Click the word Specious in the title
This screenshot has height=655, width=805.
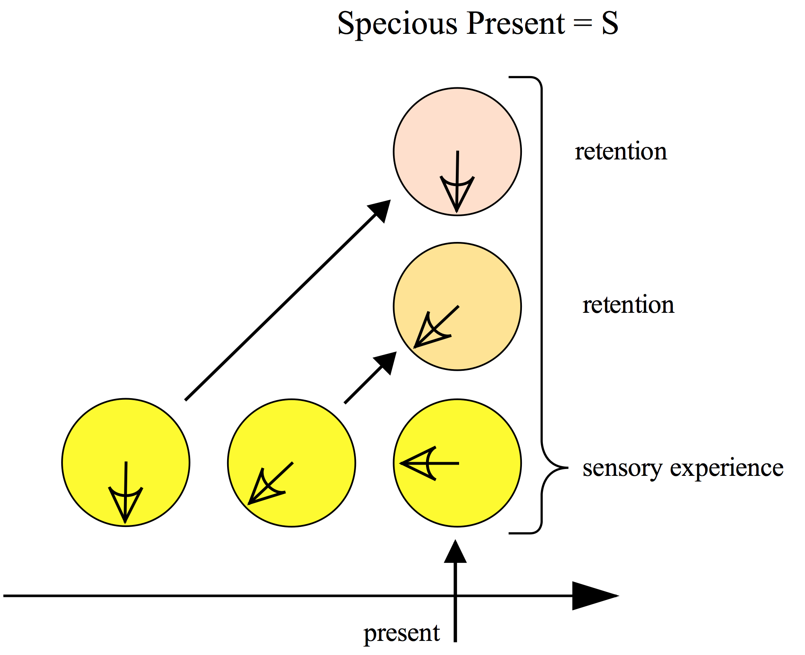pos(397,24)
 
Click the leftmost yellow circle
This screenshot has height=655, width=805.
pos(126,443)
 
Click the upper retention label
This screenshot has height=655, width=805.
pos(621,152)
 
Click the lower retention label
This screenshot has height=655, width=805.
pos(628,305)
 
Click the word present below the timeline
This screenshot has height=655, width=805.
pos(401,633)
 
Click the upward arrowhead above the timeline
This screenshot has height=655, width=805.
pos(455,552)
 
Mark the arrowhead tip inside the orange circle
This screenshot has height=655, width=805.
pos(416,347)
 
